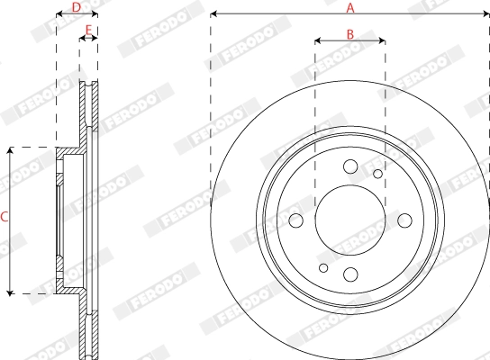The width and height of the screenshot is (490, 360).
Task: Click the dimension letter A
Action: point(350,7)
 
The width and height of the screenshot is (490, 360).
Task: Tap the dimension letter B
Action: point(350,33)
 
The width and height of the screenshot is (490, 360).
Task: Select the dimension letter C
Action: point(5,217)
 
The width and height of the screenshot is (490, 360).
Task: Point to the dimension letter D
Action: point(76,7)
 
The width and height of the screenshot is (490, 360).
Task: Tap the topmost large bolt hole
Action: point(350,166)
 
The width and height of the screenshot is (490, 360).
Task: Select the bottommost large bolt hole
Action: point(350,274)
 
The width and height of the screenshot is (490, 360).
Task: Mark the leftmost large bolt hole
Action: point(295,220)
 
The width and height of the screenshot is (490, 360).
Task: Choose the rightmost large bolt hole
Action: point(405,220)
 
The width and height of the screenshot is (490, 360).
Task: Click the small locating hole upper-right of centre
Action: point(377,174)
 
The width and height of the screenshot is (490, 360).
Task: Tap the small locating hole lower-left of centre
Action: point(324,267)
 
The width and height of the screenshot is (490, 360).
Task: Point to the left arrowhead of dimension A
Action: point(213,15)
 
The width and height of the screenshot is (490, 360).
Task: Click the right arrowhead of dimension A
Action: point(486,15)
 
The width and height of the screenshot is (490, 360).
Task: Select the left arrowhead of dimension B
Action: point(318,40)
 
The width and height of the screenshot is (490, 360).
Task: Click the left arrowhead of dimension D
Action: point(59,15)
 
